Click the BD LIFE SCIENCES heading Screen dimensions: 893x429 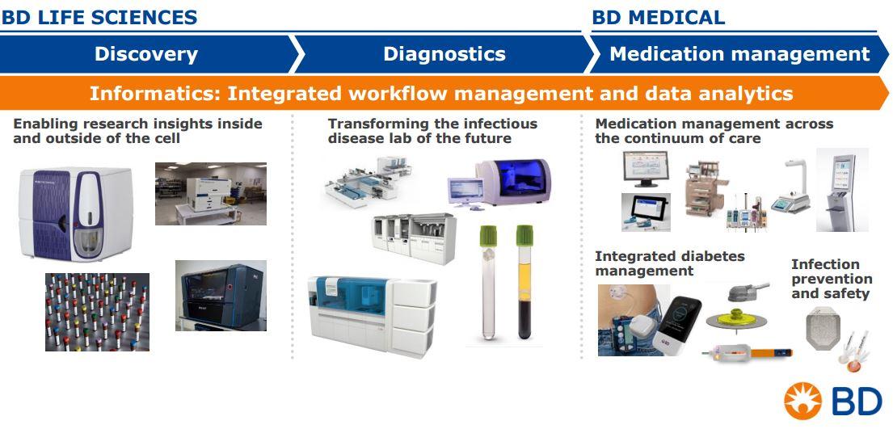[x=99, y=17]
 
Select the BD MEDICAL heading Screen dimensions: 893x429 [x=659, y=17]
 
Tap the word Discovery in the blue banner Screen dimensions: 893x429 [x=145, y=54]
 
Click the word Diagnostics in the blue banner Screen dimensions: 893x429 [x=444, y=54]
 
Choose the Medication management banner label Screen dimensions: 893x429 [x=739, y=54]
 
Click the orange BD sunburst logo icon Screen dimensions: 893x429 [x=803, y=401]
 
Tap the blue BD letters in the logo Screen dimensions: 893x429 [x=857, y=401]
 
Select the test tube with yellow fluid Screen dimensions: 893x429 [x=524, y=282]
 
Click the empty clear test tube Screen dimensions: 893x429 [x=488, y=282]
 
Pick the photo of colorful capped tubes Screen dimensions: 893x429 [x=98, y=312]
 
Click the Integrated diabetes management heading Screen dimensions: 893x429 [x=670, y=263]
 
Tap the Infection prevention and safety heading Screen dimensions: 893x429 [x=832, y=280]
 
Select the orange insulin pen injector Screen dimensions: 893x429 [x=748, y=353]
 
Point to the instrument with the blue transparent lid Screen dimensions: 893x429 [x=513, y=181]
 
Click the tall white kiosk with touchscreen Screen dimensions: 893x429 [x=842, y=190]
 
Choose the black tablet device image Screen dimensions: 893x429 [x=646, y=212]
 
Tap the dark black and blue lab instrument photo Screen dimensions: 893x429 [x=221, y=296]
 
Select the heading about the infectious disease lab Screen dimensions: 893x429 [x=432, y=130]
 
